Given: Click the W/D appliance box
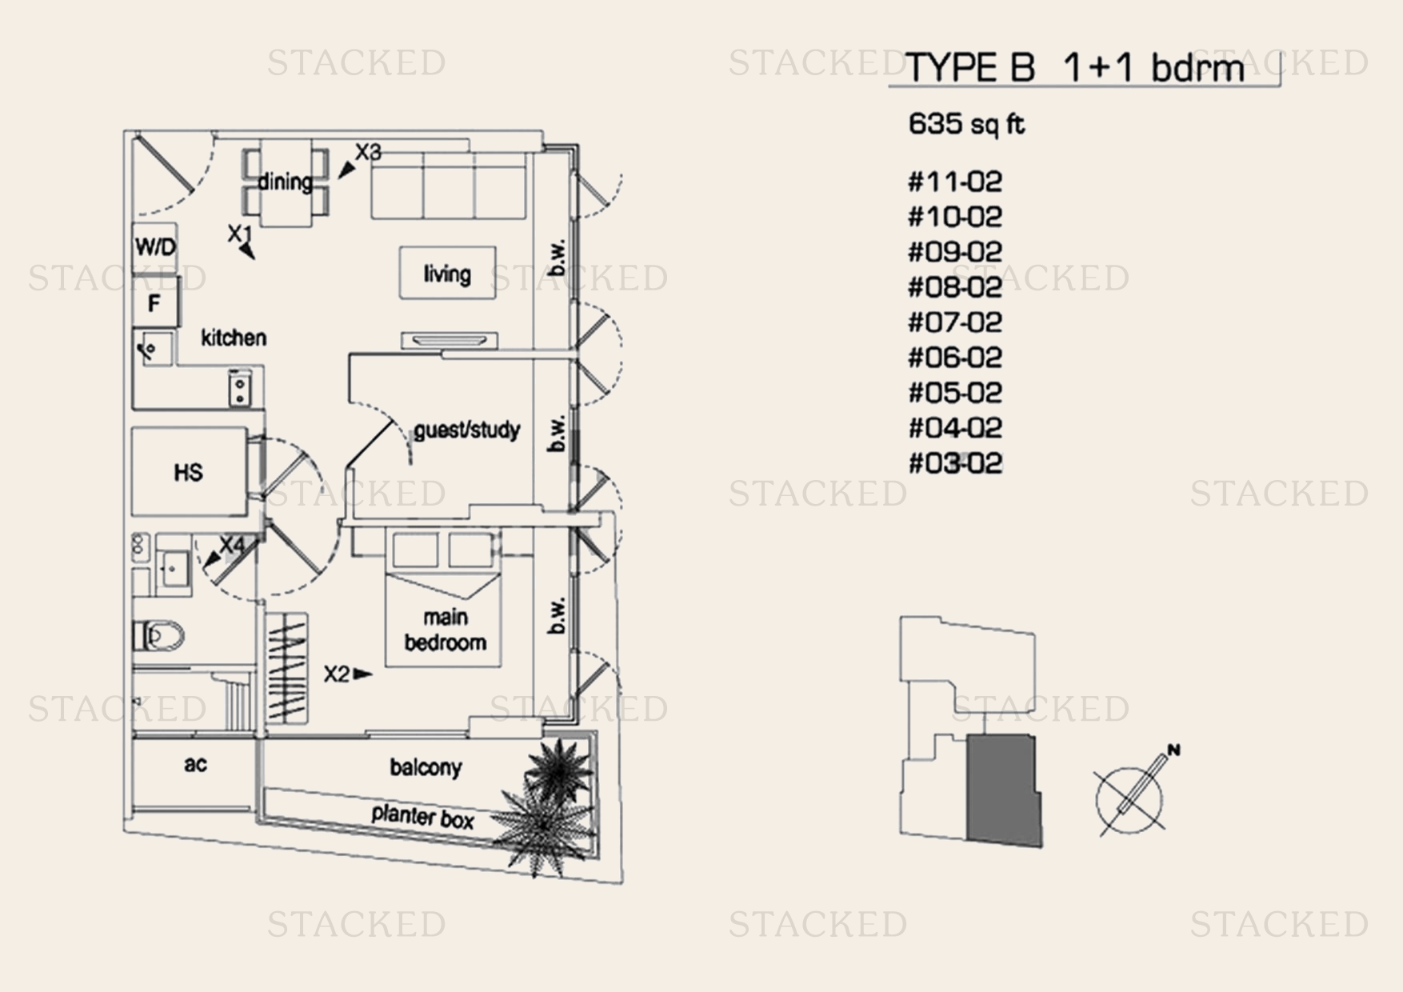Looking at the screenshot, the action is coord(155,246).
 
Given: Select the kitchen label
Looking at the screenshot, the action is coord(234,338).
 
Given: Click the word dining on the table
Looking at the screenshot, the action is coord(286,182).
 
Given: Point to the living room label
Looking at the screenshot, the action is coord(447,274).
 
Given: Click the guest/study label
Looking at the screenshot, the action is coord(467,430).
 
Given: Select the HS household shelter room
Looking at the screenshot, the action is coord(190,472).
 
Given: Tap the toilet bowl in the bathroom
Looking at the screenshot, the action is coord(159,637).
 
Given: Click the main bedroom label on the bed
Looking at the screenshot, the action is coord(446,630).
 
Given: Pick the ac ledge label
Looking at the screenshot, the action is coord(195,764).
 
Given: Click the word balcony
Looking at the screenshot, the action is coord(426,767).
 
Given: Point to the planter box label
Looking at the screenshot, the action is coord(422,818).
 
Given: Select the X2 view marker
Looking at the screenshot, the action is coord(348,674).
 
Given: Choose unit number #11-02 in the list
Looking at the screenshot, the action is coord(955,182).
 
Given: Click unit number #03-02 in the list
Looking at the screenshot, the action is coord(955,463).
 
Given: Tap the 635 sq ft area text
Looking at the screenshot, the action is coord(966,124).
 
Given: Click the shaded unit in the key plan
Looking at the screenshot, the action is coord(1004,790).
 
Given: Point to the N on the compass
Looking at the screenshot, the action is coord(1173,750).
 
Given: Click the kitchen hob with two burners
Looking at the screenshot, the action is coord(239,389).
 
